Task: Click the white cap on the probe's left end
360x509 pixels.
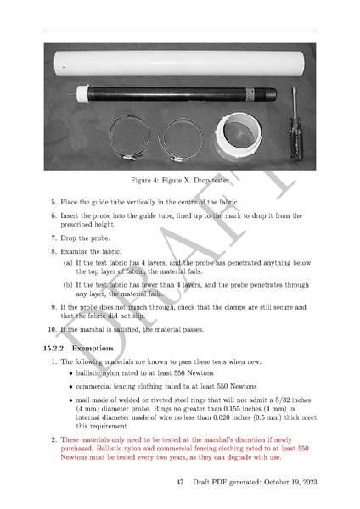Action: (x=83, y=92)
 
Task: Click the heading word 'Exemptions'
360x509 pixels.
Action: (x=93, y=349)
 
